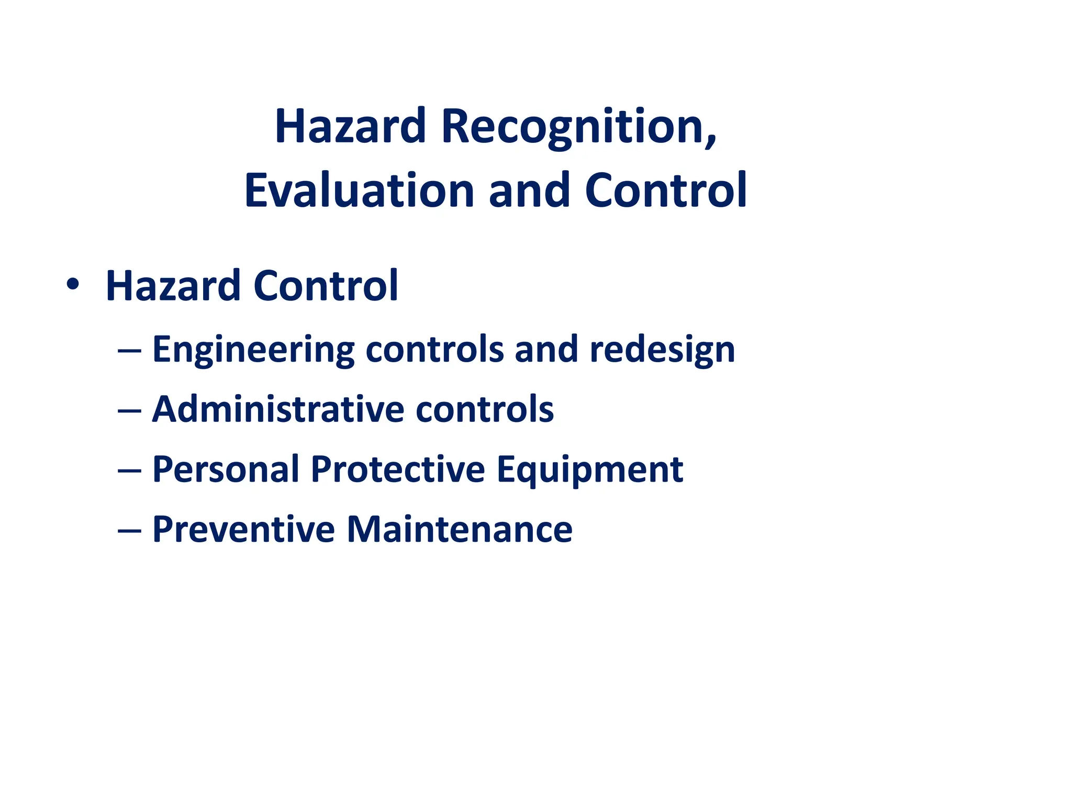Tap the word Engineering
253,350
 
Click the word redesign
662,350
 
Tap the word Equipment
589,470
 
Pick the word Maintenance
460,529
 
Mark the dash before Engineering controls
129,350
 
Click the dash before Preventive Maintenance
129,530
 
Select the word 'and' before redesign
546,350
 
